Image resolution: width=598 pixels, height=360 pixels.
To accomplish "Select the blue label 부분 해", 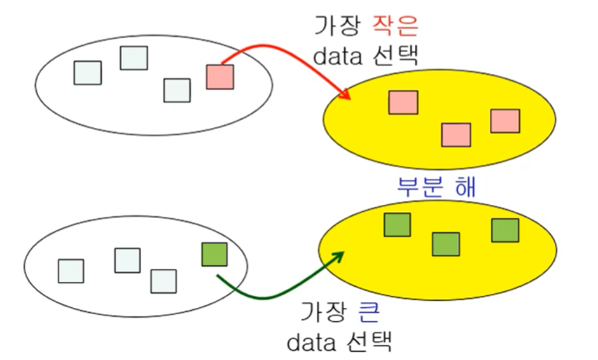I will click(x=436, y=187).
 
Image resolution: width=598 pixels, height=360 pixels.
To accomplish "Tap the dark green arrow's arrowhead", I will click(x=338, y=256).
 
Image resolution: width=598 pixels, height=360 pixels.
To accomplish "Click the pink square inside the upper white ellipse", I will click(x=220, y=77).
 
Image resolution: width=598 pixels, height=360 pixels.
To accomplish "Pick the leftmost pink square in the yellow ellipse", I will click(x=403, y=102).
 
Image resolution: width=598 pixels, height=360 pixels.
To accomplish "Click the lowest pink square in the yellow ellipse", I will click(x=456, y=135).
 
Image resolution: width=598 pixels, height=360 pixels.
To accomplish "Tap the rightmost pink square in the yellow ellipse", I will click(x=505, y=121).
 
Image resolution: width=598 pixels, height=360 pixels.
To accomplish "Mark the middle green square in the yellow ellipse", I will click(x=446, y=244).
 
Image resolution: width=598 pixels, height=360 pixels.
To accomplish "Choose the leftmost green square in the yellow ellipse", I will click(x=397, y=225).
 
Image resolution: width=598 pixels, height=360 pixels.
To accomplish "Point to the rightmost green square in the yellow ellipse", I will click(x=505, y=230).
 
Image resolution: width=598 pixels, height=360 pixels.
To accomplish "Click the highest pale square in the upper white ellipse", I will click(x=134, y=58).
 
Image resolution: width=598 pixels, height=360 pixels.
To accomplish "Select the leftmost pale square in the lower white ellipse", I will click(x=71, y=271).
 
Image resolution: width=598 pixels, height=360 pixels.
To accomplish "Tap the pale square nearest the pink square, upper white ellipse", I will click(x=177, y=90).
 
